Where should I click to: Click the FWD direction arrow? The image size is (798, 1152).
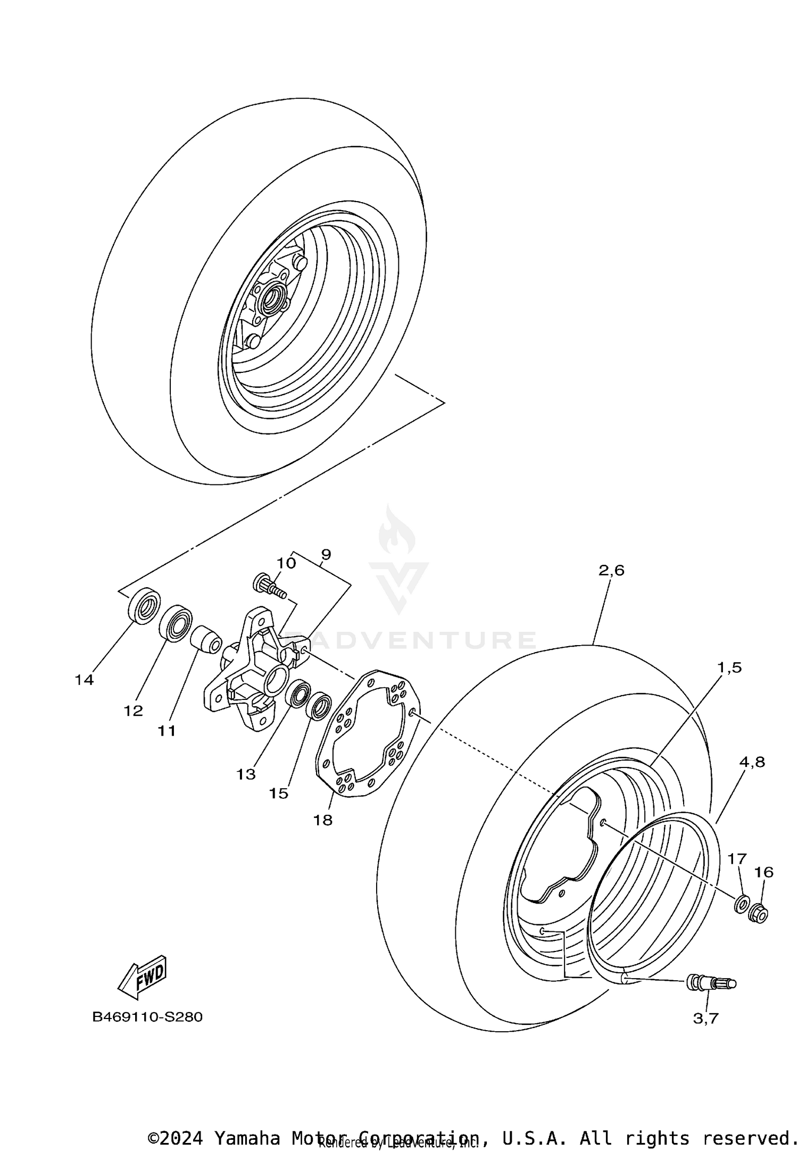[x=143, y=978]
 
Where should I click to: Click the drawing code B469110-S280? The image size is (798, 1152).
[x=147, y=1017]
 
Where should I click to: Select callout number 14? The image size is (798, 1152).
[x=84, y=680]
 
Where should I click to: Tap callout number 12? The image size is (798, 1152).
[x=134, y=711]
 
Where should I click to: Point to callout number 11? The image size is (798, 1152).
[x=167, y=731]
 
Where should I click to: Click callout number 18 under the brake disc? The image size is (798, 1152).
[x=322, y=820]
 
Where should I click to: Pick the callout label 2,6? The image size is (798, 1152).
[x=611, y=571]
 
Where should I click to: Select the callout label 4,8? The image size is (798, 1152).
[x=752, y=762]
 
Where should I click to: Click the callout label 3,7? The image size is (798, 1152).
[x=705, y=1018]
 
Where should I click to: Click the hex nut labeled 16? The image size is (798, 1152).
[x=758, y=914]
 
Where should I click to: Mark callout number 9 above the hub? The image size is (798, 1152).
[x=326, y=554]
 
